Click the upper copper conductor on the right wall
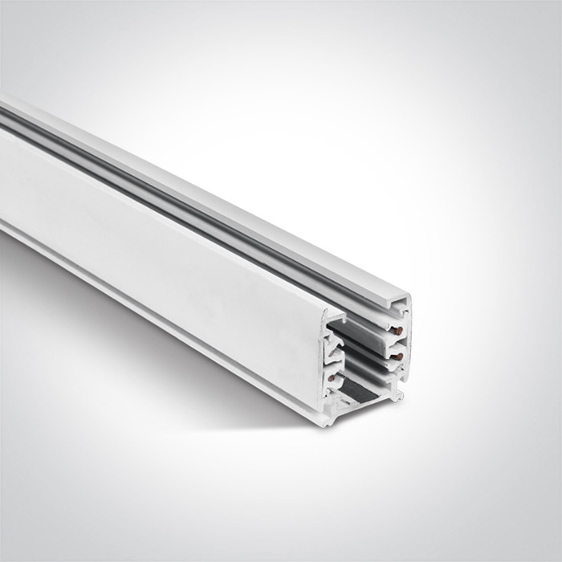pos(397,328)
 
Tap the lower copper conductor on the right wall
pos(396,355)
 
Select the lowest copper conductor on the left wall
pos(331,377)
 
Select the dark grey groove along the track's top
pos(201,189)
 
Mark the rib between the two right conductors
pos(395,341)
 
